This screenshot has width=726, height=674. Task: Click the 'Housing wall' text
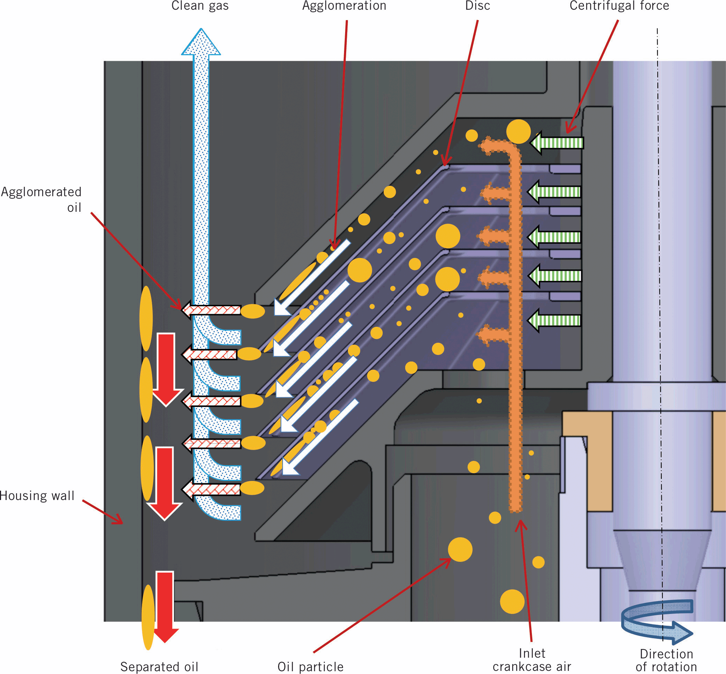37,496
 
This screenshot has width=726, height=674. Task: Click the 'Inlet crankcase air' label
532,660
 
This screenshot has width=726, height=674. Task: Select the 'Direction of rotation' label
666,660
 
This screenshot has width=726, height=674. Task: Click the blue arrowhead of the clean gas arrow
201,43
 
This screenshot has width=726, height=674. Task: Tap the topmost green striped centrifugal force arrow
557,143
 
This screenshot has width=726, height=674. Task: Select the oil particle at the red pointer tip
460,550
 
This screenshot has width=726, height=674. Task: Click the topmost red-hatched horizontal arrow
211,310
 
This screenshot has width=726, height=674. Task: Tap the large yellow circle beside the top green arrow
518,132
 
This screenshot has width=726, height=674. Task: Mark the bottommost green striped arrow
554,321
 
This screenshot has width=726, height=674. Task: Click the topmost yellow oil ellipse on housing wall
146,318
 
